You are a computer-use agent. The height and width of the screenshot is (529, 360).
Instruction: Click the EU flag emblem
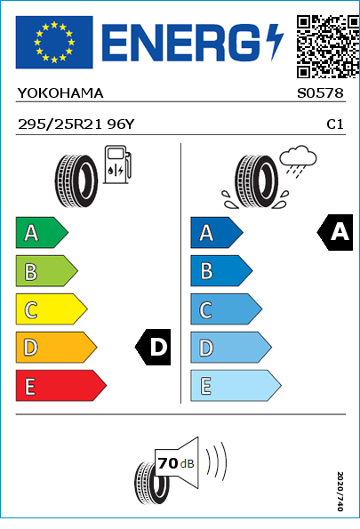(x=54, y=42)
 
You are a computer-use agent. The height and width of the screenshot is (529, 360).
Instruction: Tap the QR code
(x=328, y=46)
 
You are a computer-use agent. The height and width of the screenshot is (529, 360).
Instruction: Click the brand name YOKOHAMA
(x=60, y=93)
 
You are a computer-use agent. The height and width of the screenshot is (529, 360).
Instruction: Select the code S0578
(x=320, y=93)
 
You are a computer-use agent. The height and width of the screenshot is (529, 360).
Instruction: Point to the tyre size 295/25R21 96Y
(x=76, y=124)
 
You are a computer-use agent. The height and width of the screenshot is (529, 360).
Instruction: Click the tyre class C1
(x=335, y=124)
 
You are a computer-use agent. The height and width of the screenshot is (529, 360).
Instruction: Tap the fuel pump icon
(x=117, y=164)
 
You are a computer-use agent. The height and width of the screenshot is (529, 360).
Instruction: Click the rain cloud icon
(x=299, y=161)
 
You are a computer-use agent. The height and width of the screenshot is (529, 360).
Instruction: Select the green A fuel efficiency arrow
(x=42, y=233)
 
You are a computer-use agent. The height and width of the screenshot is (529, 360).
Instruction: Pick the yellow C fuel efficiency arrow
(x=52, y=309)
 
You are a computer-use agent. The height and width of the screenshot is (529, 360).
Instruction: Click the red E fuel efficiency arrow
(x=61, y=386)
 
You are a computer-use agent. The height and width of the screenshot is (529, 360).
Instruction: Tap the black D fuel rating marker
(x=153, y=347)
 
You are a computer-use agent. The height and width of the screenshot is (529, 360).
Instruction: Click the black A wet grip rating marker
(x=335, y=232)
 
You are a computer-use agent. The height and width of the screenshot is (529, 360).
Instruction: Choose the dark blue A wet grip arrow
(x=217, y=233)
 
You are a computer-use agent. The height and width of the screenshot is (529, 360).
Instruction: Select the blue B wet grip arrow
(x=221, y=271)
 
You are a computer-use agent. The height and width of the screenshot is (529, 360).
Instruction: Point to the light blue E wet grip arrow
(x=236, y=386)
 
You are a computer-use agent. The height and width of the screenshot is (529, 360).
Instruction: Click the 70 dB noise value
(x=176, y=463)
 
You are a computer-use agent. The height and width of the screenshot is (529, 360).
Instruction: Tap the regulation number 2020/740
(x=340, y=491)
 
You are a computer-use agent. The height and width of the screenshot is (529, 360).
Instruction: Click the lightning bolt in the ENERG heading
(x=275, y=43)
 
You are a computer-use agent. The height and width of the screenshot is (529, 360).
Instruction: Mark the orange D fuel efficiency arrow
(x=56, y=348)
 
